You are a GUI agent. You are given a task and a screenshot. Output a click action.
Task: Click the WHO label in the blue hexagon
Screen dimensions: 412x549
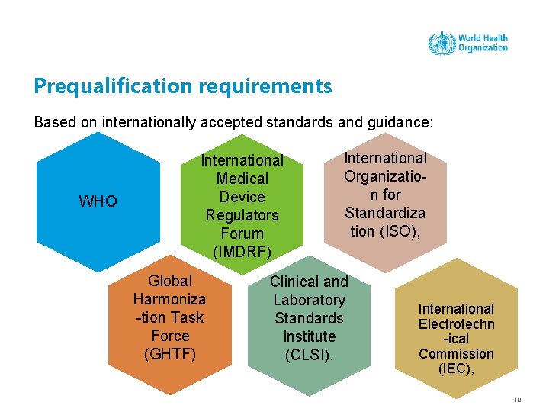click(x=98, y=201)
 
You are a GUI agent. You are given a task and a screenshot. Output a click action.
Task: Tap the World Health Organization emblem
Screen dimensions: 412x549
click(x=441, y=43)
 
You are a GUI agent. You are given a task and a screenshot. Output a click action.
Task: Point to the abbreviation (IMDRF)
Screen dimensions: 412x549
click(x=242, y=252)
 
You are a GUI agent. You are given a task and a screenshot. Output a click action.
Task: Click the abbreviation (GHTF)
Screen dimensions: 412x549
click(x=170, y=354)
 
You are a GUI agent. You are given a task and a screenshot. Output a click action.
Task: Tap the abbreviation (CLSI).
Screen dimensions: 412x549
click(x=309, y=355)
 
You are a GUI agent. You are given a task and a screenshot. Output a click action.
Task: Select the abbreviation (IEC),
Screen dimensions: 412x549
click(x=456, y=369)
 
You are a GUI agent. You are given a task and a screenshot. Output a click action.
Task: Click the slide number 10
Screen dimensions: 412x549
click(x=518, y=399)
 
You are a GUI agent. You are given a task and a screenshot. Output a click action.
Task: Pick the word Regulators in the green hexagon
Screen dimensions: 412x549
click(x=242, y=215)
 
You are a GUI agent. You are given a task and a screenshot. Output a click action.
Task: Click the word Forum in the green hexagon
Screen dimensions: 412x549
click(x=242, y=233)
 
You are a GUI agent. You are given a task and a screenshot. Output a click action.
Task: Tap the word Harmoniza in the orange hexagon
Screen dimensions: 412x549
click(x=169, y=299)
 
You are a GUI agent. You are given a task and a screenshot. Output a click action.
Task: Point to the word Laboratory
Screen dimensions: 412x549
click(x=309, y=300)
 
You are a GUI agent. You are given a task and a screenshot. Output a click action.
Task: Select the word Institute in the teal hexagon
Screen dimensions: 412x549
click(x=309, y=336)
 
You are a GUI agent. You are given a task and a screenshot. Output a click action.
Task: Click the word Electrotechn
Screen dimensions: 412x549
click(x=456, y=323)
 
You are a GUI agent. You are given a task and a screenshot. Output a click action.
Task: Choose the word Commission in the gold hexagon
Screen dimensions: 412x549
click(x=456, y=354)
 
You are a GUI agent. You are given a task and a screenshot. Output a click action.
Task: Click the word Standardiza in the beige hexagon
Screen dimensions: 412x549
click(x=385, y=213)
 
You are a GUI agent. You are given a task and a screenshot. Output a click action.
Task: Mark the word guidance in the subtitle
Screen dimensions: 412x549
click(x=400, y=122)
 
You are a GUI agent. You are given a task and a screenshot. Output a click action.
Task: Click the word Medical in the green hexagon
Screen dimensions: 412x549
click(x=242, y=179)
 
